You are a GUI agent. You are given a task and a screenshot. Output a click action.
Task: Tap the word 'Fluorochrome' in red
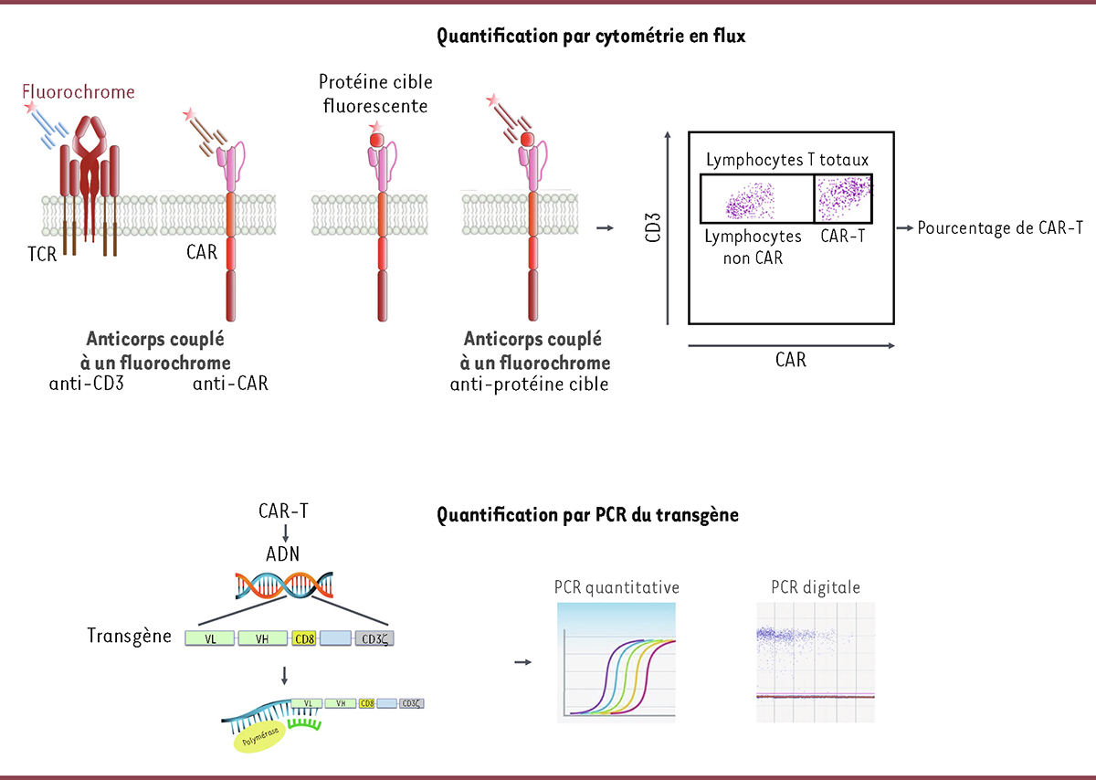(x=80, y=92)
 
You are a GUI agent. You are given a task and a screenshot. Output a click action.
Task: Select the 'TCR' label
(x=42, y=255)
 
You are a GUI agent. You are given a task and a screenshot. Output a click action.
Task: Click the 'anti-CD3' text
(x=86, y=384)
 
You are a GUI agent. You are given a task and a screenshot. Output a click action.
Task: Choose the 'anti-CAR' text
(x=230, y=384)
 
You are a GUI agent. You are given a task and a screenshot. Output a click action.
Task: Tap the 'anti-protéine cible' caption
(x=530, y=384)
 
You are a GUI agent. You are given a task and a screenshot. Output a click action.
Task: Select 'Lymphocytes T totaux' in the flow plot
(x=786, y=161)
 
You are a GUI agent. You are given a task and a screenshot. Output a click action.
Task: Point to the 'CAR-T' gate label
(x=843, y=236)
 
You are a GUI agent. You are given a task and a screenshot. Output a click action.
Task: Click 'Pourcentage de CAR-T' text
(x=1000, y=228)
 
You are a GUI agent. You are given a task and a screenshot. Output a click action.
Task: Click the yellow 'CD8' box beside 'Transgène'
(x=304, y=638)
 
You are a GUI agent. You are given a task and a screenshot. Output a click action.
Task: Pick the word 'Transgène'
(x=130, y=636)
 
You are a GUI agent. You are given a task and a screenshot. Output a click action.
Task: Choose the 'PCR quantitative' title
(x=616, y=586)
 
